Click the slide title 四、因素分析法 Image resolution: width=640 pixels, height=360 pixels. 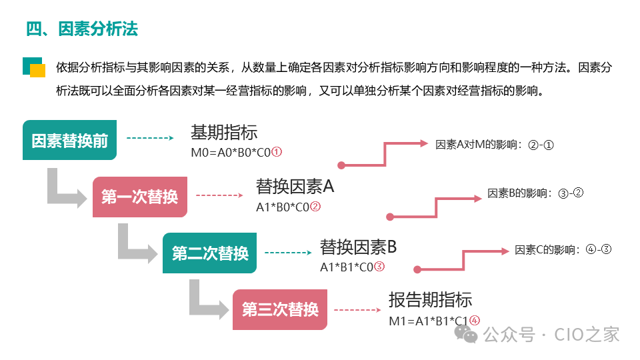coord(82,29)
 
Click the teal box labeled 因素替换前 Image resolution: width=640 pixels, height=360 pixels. coord(70,141)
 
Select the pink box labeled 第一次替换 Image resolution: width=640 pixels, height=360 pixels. coord(139,197)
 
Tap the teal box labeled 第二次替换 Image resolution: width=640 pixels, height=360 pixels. coord(210,253)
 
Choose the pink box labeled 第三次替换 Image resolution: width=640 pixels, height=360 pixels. coord(280,310)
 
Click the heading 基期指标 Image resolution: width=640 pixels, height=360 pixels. coord(224,132)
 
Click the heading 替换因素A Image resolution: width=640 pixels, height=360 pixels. coord(295,187)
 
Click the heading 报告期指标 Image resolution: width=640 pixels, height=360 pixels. coord(430,299)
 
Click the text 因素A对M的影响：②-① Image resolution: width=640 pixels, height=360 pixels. coord(495,144)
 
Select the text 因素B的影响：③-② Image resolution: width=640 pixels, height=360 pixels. coord(535,193)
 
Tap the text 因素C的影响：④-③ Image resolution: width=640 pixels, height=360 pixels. coord(563,250)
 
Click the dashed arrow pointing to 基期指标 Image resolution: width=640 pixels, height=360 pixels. coord(150,138)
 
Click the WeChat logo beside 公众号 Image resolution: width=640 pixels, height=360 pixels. coord(465,334)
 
